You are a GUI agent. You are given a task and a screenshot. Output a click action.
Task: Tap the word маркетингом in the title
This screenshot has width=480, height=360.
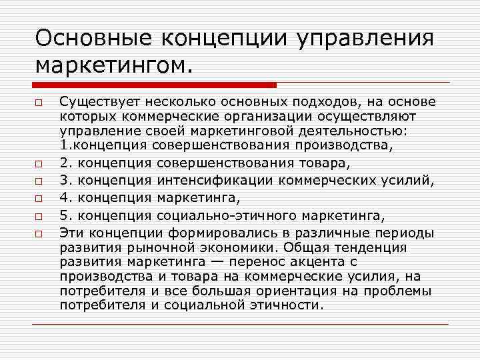coord(112,65)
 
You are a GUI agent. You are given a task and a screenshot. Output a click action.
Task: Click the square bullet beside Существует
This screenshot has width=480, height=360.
coord(40,103)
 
